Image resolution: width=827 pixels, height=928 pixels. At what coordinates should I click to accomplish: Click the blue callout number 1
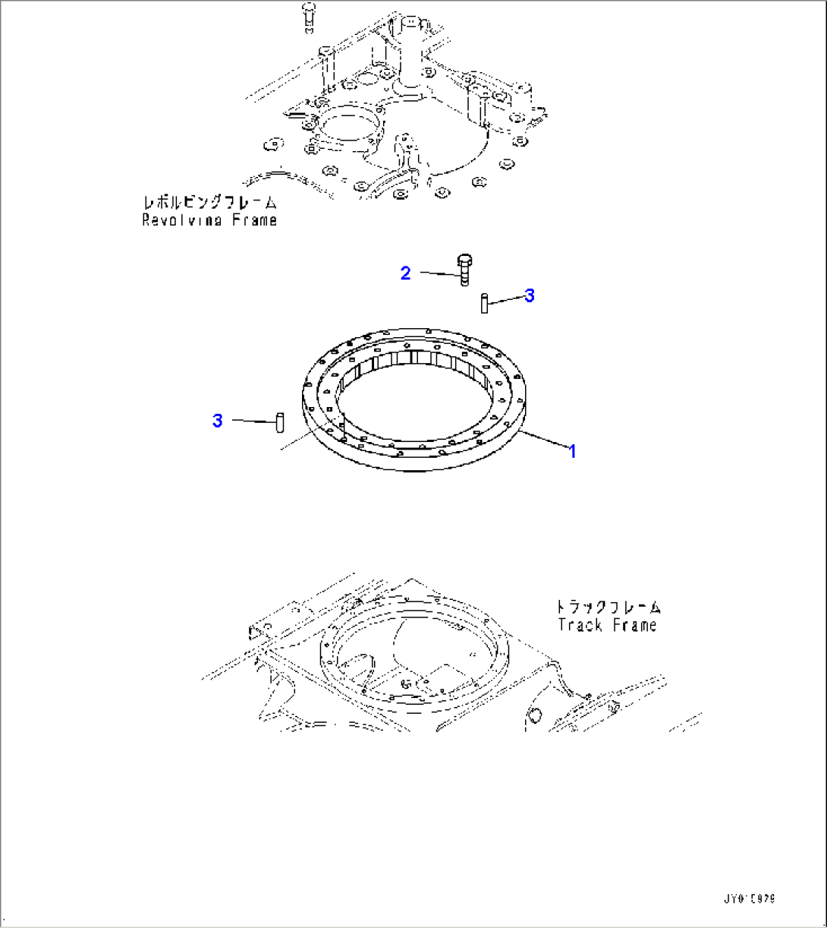(573, 452)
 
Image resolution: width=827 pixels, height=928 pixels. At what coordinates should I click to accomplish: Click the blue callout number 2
(406, 273)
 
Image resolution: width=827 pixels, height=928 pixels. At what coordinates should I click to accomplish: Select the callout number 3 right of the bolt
(530, 295)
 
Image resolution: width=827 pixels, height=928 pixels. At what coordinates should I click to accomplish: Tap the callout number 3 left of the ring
(218, 421)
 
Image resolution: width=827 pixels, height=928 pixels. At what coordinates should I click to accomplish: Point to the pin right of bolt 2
(483, 303)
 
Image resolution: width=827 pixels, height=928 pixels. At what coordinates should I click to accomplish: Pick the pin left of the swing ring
(278, 421)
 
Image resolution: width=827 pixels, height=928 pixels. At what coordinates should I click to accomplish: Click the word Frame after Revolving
(253, 220)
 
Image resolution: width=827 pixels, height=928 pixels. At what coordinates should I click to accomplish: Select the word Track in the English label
(580, 626)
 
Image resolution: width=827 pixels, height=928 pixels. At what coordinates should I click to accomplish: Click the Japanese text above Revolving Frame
(210, 204)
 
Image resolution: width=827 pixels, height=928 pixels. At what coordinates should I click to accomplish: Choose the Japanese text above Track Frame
(608, 608)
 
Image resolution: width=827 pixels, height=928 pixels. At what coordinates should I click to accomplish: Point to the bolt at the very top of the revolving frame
(307, 17)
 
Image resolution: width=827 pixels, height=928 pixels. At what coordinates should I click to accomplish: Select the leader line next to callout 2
(438, 273)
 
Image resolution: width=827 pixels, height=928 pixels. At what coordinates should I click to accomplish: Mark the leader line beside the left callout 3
(250, 421)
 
